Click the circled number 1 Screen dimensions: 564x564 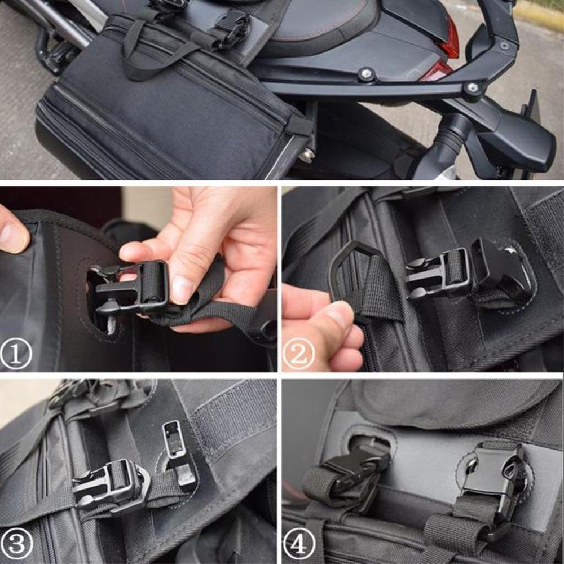[x=16, y=355]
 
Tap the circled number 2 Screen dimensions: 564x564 [x=299, y=355]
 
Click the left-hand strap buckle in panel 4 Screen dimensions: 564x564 [x=350, y=468]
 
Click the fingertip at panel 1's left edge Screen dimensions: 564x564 [x=12, y=232]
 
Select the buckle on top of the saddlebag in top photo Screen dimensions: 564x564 [x=231, y=25]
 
